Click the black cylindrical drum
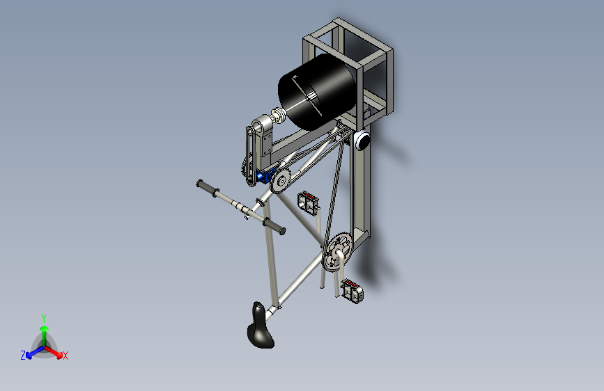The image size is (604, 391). click(x=317, y=91)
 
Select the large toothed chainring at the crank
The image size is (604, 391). click(x=337, y=251)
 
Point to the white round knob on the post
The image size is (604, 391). click(x=362, y=140)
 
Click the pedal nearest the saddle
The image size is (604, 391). click(x=352, y=291)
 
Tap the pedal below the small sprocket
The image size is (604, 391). click(x=308, y=203)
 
